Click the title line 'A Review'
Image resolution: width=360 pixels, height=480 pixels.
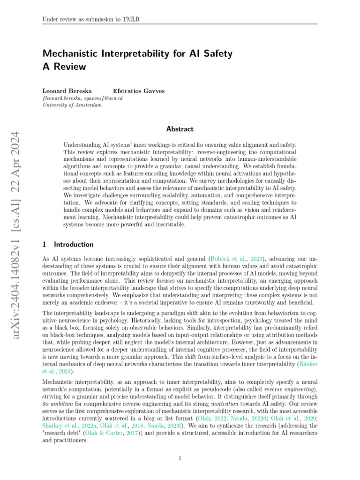point(64,67)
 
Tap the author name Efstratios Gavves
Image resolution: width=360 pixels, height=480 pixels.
point(139,91)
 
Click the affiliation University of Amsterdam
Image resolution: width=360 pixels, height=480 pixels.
point(72,105)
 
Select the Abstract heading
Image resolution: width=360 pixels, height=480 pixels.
point(180,129)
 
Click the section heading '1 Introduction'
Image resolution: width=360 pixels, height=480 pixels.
point(68,244)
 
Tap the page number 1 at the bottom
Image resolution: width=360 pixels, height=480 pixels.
point(180,458)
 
